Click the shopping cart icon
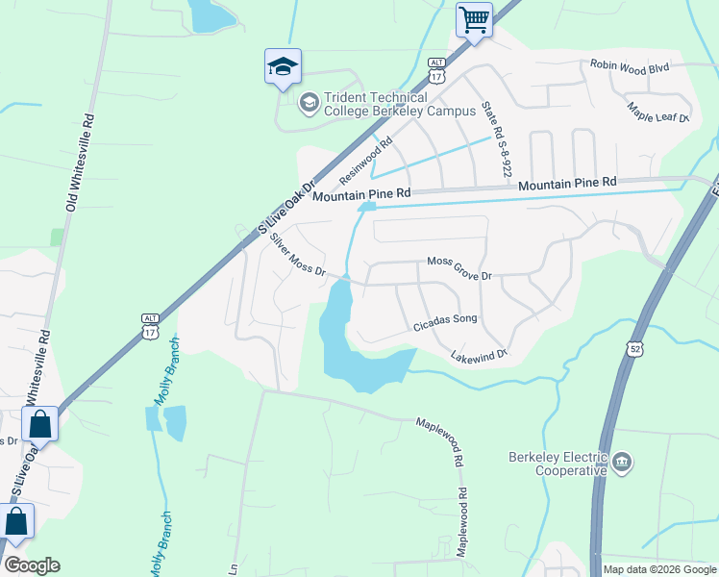474,19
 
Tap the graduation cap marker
283,66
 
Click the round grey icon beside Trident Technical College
310,102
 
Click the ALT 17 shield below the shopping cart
437,74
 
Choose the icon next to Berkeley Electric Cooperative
622,464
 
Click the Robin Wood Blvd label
629,67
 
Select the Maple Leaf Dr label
658,113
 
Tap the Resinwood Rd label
366,162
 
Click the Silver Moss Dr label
298,255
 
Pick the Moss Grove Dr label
459,269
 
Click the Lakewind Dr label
479,357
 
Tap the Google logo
32,565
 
